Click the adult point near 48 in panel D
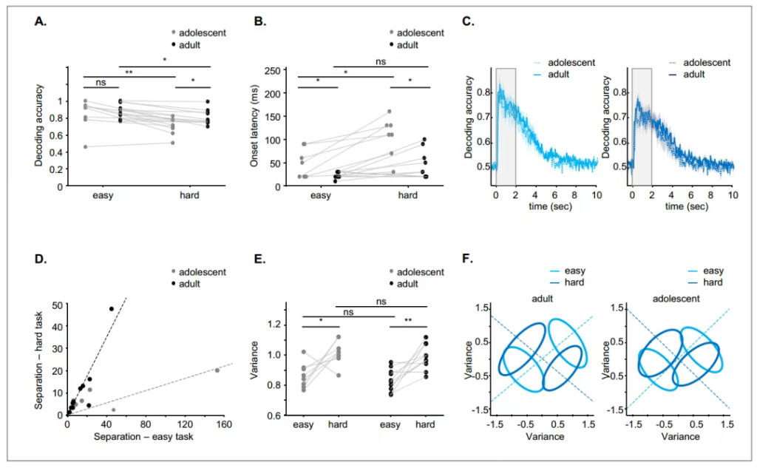(112, 308)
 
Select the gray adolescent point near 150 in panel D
(217, 370)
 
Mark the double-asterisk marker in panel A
(129, 72)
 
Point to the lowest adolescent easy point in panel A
(85, 146)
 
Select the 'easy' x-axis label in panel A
(101, 197)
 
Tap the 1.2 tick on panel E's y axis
(279, 325)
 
